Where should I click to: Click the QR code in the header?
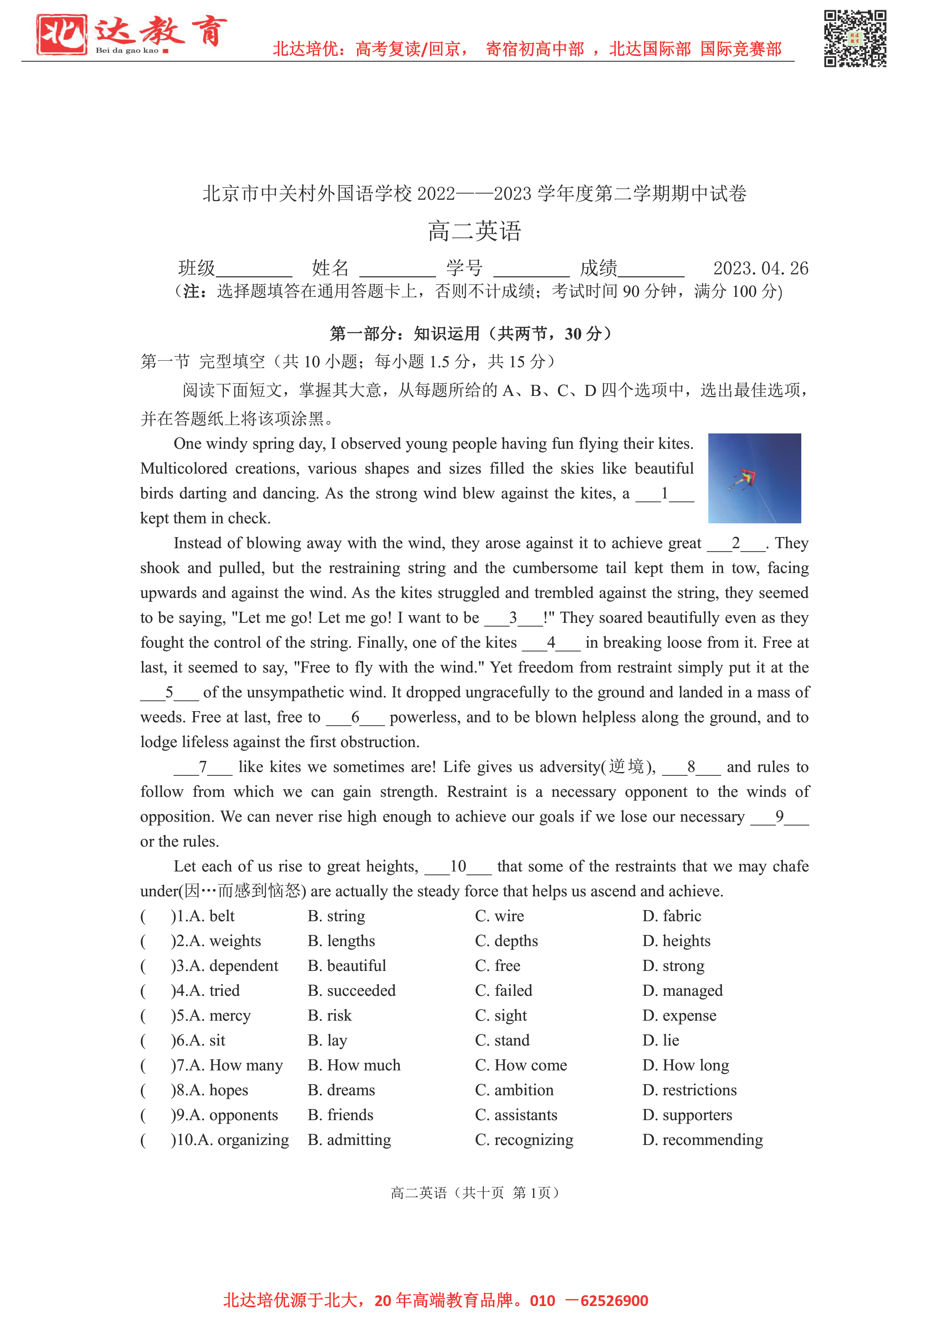point(855,39)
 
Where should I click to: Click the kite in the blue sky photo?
point(744,479)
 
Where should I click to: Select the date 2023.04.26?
point(760,268)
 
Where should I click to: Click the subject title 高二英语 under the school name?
point(474,231)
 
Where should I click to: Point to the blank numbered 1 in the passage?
point(665,494)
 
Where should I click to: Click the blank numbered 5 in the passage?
point(170,693)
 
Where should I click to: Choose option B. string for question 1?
point(336,916)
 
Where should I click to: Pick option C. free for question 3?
point(497,966)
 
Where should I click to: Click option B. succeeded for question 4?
point(351,991)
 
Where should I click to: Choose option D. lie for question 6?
point(661,1041)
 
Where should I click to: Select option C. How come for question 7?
point(521,1065)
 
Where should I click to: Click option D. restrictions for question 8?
point(690,1090)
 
